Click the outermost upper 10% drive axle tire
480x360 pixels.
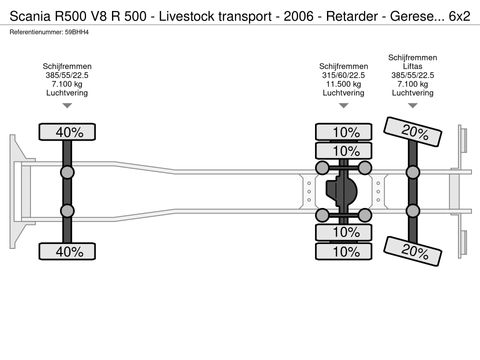tap(346, 131)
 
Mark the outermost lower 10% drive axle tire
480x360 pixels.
tap(346, 251)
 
